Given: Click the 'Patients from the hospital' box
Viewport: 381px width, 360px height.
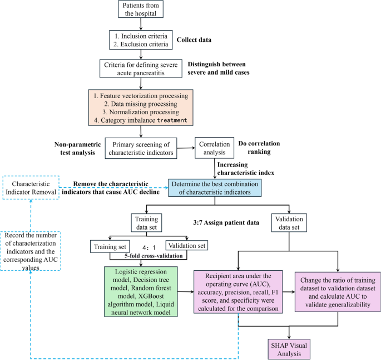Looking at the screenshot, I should pos(141,10).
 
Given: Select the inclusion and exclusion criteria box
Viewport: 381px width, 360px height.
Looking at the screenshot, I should pos(141,39).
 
